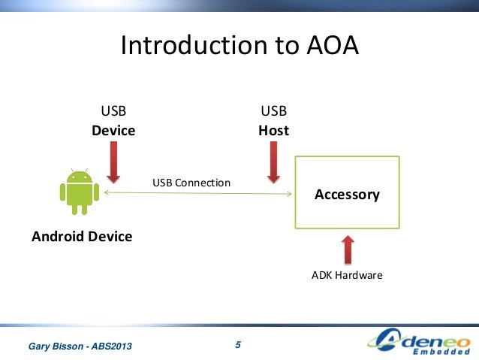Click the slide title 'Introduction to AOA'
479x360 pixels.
pos(240,47)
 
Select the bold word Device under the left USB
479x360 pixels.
pos(113,131)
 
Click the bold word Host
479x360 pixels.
pos(273,131)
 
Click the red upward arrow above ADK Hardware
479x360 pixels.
pos(347,248)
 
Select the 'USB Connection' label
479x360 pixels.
pos(191,183)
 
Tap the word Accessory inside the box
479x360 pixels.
pos(347,195)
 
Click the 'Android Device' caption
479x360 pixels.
pos(82,237)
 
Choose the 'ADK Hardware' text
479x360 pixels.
pos(347,276)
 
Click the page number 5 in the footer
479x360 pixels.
pos(238,345)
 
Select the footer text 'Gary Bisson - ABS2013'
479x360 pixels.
pos(80,346)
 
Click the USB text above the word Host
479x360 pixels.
pos(273,112)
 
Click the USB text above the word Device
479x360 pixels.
pos(113,112)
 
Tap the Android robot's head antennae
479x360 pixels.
pos(79,171)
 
